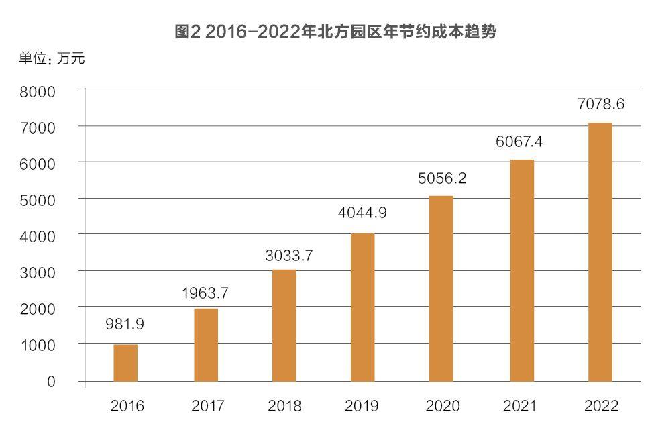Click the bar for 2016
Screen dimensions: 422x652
(x=125, y=363)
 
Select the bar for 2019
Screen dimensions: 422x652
(x=363, y=307)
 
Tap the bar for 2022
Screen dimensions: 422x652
(x=600, y=252)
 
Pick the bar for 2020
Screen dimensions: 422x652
(x=441, y=288)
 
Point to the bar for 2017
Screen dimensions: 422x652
(x=205, y=345)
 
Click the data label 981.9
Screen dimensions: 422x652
(x=125, y=324)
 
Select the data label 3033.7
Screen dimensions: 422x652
(x=283, y=255)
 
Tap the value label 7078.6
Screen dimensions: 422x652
(x=600, y=104)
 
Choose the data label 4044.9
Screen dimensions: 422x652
(x=362, y=213)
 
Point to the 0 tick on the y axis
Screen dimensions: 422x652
(x=51, y=381)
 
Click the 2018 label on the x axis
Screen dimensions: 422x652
(x=284, y=405)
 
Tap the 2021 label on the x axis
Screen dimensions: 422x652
(x=521, y=405)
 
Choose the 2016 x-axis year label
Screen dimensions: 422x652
(x=127, y=405)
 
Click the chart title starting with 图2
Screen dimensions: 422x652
(x=335, y=32)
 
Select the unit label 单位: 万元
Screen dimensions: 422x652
(x=52, y=58)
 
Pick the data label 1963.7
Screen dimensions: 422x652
(x=205, y=293)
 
